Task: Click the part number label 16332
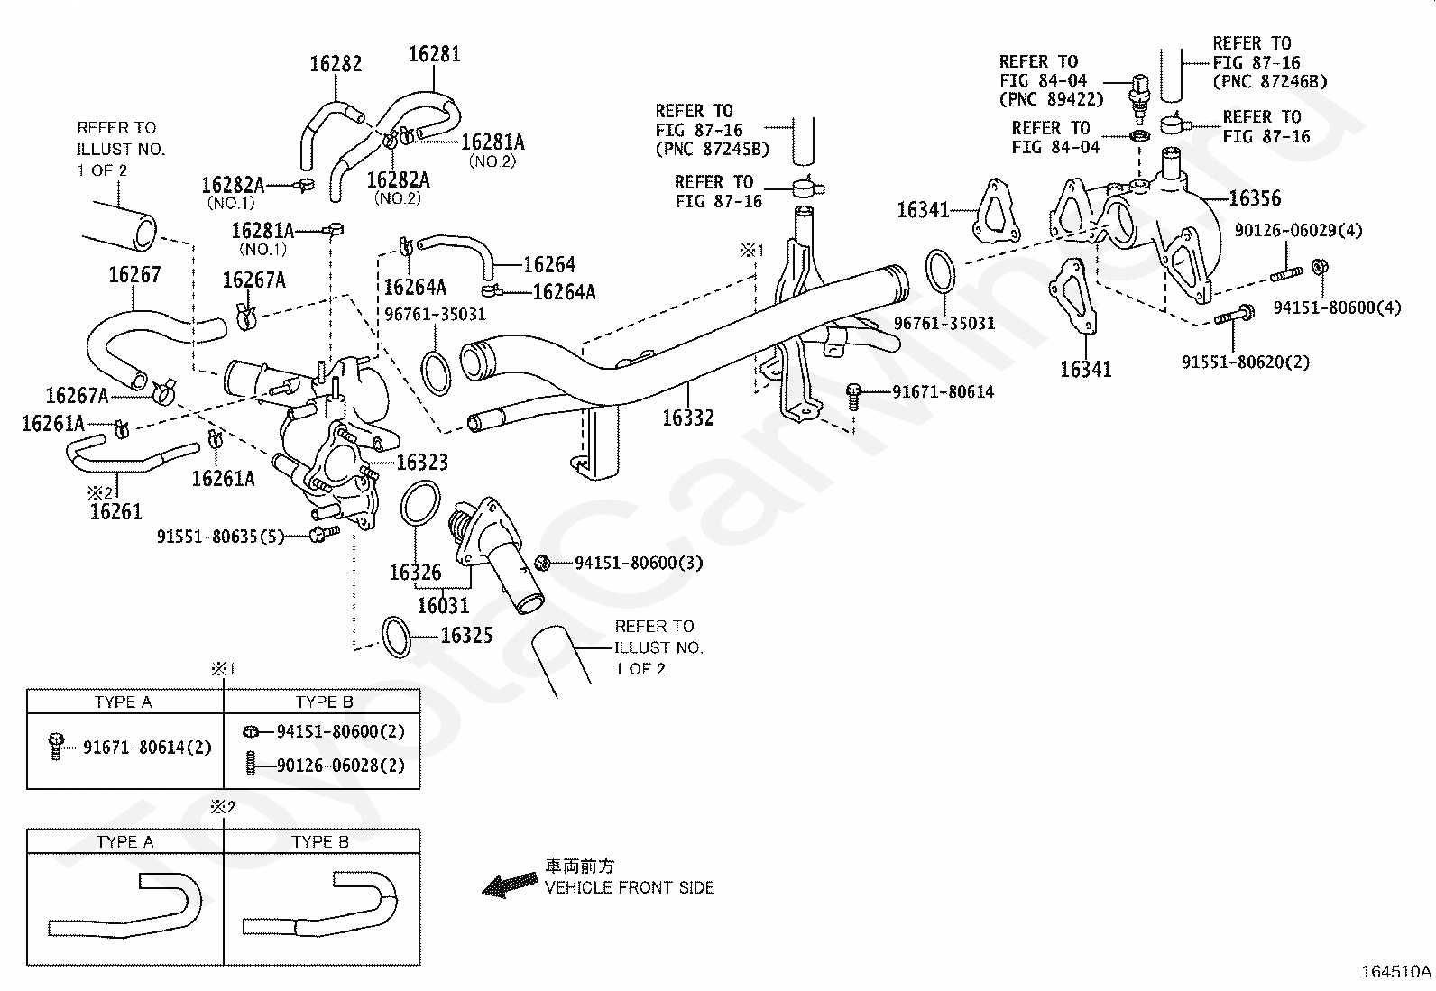click(x=687, y=418)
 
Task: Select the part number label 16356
click(x=1255, y=198)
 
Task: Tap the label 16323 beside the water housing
click(x=422, y=463)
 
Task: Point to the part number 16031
click(x=443, y=605)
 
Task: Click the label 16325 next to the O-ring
click(x=466, y=635)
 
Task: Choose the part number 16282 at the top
click(x=336, y=63)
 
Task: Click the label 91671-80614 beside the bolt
click(x=943, y=391)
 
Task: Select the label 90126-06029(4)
click(x=1298, y=230)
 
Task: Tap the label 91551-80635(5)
click(x=220, y=536)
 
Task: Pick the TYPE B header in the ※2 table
click(x=320, y=841)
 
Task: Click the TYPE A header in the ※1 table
click(x=123, y=702)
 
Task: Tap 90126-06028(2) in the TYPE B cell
click(x=340, y=766)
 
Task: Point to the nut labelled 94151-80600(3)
click(x=542, y=563)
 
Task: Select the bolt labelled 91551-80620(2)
click(x=1234, y=316)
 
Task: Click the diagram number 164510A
click(x=1396, y=972)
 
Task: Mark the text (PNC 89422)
click(x=1052, y=99)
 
